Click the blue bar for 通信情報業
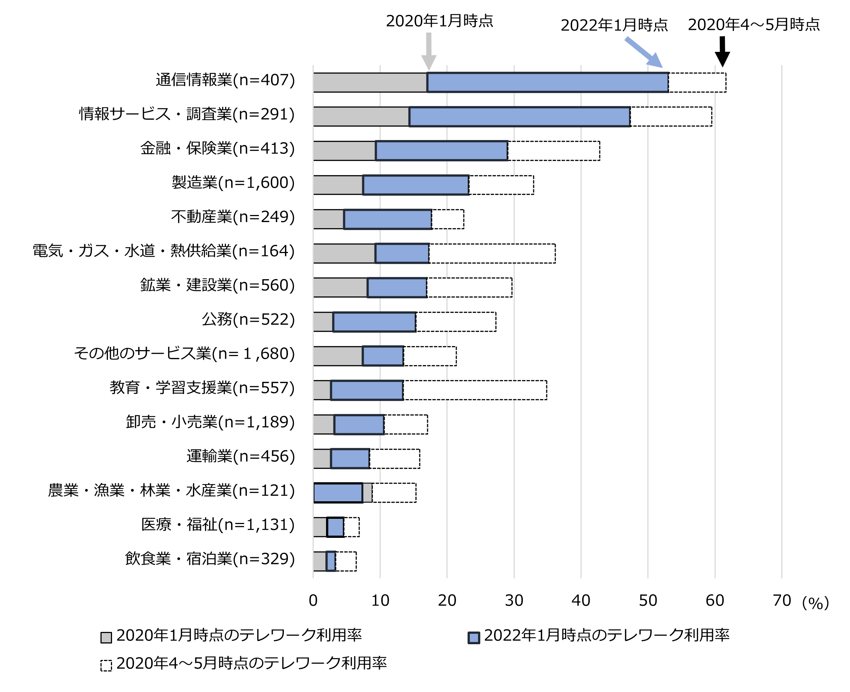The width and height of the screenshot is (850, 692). [547, 82]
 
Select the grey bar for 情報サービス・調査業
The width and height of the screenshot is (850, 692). [361, 116]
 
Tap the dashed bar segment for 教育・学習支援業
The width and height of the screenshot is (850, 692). [475, 390]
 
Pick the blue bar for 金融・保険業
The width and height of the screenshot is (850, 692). [441, 151]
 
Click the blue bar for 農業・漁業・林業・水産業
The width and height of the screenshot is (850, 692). [338, 493]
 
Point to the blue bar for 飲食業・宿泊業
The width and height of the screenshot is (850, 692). [331, 561]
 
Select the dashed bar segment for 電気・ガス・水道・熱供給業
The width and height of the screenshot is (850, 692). [492, 253]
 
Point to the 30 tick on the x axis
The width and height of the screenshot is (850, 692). [514, 600]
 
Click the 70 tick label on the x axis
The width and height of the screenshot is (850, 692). [781, 600]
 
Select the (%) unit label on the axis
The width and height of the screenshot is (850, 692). [815, 603]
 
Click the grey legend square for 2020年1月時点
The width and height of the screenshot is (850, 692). [106, 638]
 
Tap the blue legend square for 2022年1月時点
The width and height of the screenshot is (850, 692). [474, 638]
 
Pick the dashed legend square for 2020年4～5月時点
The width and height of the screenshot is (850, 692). [106, 665]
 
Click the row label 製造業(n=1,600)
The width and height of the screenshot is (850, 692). [233, 183]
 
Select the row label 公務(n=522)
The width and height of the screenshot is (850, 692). [248, 319]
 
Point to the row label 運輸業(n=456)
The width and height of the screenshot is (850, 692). [241, 456]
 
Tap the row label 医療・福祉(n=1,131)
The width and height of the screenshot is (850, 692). [218, 524]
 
